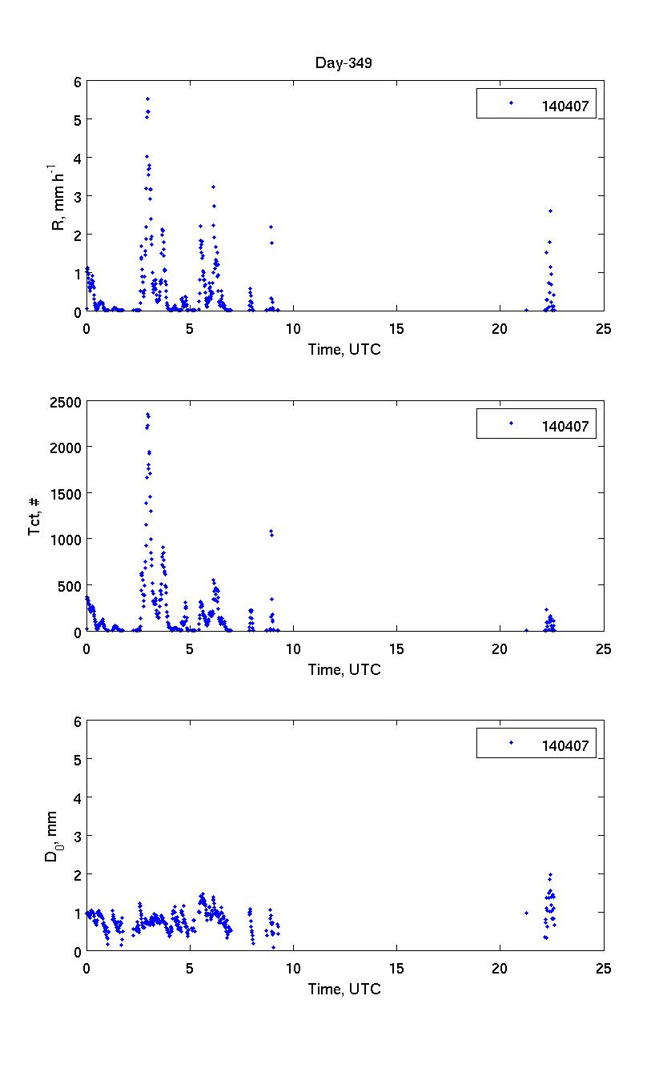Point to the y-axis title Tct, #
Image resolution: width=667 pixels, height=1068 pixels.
click(x=36, y=516)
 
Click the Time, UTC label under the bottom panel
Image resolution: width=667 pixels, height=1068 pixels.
click(x=344, y=989)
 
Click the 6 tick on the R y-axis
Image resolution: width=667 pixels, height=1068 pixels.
click(x=78, y=82)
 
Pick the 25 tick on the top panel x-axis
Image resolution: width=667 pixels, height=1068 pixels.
click(x=604, y=328)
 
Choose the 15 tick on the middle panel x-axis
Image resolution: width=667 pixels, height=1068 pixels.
click(x=396, y=648)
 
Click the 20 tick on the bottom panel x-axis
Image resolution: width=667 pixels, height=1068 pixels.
click(x=500, y=968)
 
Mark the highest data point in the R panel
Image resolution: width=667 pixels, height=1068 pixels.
click(x=147, y=98)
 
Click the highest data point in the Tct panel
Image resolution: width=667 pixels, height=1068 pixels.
click(x=147, y=414)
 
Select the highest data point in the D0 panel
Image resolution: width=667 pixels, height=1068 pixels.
click(x=550, y=875)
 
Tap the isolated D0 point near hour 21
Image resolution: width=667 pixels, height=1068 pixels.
click(x=526, y=913)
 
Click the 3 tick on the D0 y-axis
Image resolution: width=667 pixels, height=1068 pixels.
click(x=78, y=836)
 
